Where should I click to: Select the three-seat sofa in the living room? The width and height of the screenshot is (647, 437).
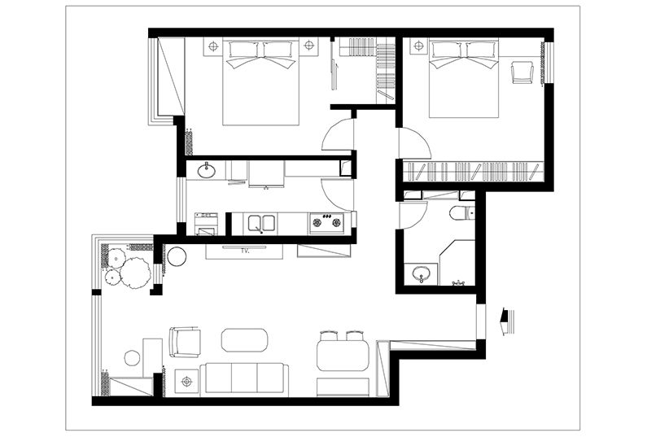pos(244,378)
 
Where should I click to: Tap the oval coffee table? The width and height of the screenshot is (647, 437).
pos(244,340)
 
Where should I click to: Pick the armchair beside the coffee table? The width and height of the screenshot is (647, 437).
pos(185,342)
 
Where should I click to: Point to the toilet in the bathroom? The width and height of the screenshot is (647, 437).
pos(461,213)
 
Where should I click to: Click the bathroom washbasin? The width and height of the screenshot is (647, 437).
pos(421,273)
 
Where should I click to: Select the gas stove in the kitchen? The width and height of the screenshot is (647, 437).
pos(326,223)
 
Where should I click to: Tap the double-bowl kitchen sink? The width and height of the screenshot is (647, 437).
pos(261,224)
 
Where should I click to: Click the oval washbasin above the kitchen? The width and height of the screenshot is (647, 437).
pos(206,170)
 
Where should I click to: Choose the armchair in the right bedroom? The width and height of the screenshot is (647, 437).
pos(522,72)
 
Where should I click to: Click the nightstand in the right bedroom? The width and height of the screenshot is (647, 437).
pos(418,46)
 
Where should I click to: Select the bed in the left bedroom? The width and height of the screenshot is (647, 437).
pos(260,81)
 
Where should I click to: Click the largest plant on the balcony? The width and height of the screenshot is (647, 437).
pos(135,273)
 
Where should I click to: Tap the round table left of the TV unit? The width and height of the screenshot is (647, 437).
pos(177,256)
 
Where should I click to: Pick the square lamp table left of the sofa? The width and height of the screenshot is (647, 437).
pos(187,382)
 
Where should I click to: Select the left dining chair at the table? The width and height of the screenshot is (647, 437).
pos(329,335)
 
